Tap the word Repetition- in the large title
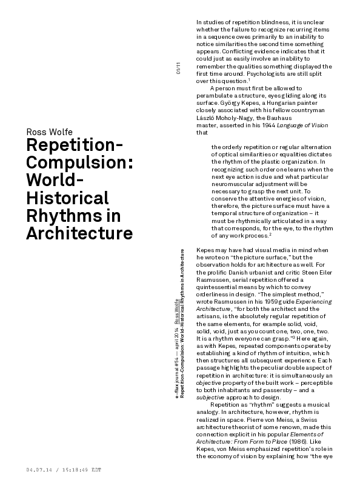(75, 147)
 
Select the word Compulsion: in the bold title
(76, 164)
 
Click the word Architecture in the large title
(79, 233)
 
